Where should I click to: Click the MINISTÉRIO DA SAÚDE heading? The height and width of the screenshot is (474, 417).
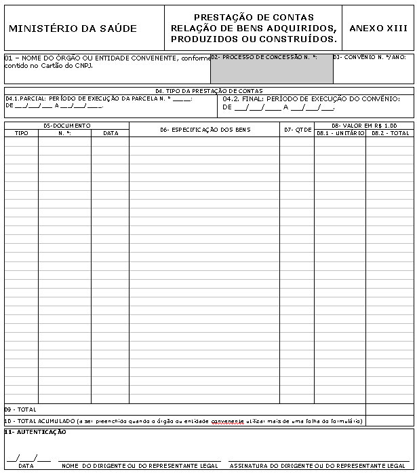[x=73, y=29]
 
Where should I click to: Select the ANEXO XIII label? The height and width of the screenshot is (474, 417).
[x=378, y=29]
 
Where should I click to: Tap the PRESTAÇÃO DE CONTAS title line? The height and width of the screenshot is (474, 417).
[x=254, y=17]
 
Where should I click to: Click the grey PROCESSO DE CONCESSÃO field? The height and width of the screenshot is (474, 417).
[x=271, y=69]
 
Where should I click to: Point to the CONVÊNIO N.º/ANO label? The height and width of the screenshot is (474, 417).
[x=370, y=58]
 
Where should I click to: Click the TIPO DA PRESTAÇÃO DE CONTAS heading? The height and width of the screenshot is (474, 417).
[x=208, y=90]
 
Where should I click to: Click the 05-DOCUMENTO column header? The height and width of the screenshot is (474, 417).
[x=66, y=126]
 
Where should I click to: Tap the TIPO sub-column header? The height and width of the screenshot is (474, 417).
[x=22, y=133]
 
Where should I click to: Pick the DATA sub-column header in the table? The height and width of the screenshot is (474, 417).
[x=110, y=133]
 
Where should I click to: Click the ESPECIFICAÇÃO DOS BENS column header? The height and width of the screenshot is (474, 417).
[x=205, y=130]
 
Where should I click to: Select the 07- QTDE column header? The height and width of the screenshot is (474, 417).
[x=297, y=130]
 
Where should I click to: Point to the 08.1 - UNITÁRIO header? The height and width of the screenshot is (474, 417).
[x=340, y=133]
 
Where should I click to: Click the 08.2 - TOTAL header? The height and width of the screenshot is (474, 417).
[x=390, y=133]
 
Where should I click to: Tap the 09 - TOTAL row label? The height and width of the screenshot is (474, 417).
[x=20, y=409]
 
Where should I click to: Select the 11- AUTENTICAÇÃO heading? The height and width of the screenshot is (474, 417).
[x=35, y=432]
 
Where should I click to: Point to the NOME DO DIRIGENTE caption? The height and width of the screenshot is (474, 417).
[x=140, y=466]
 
